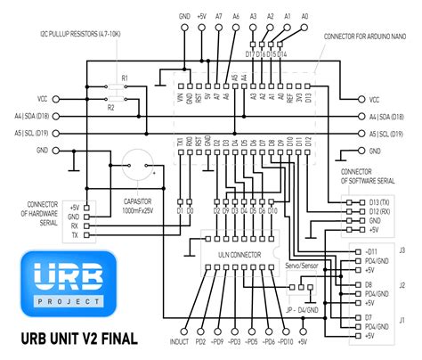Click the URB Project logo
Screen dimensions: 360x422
(69, 283)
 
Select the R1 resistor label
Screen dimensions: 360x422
(124, 80)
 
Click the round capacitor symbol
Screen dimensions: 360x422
(136, 164)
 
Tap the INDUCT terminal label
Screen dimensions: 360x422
(179, 342)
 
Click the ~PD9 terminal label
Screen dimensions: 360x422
(216, 342)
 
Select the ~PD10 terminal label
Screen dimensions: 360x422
(283, 342)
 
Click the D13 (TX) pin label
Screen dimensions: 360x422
(377, 201)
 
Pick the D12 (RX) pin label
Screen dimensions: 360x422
(377, 214)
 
